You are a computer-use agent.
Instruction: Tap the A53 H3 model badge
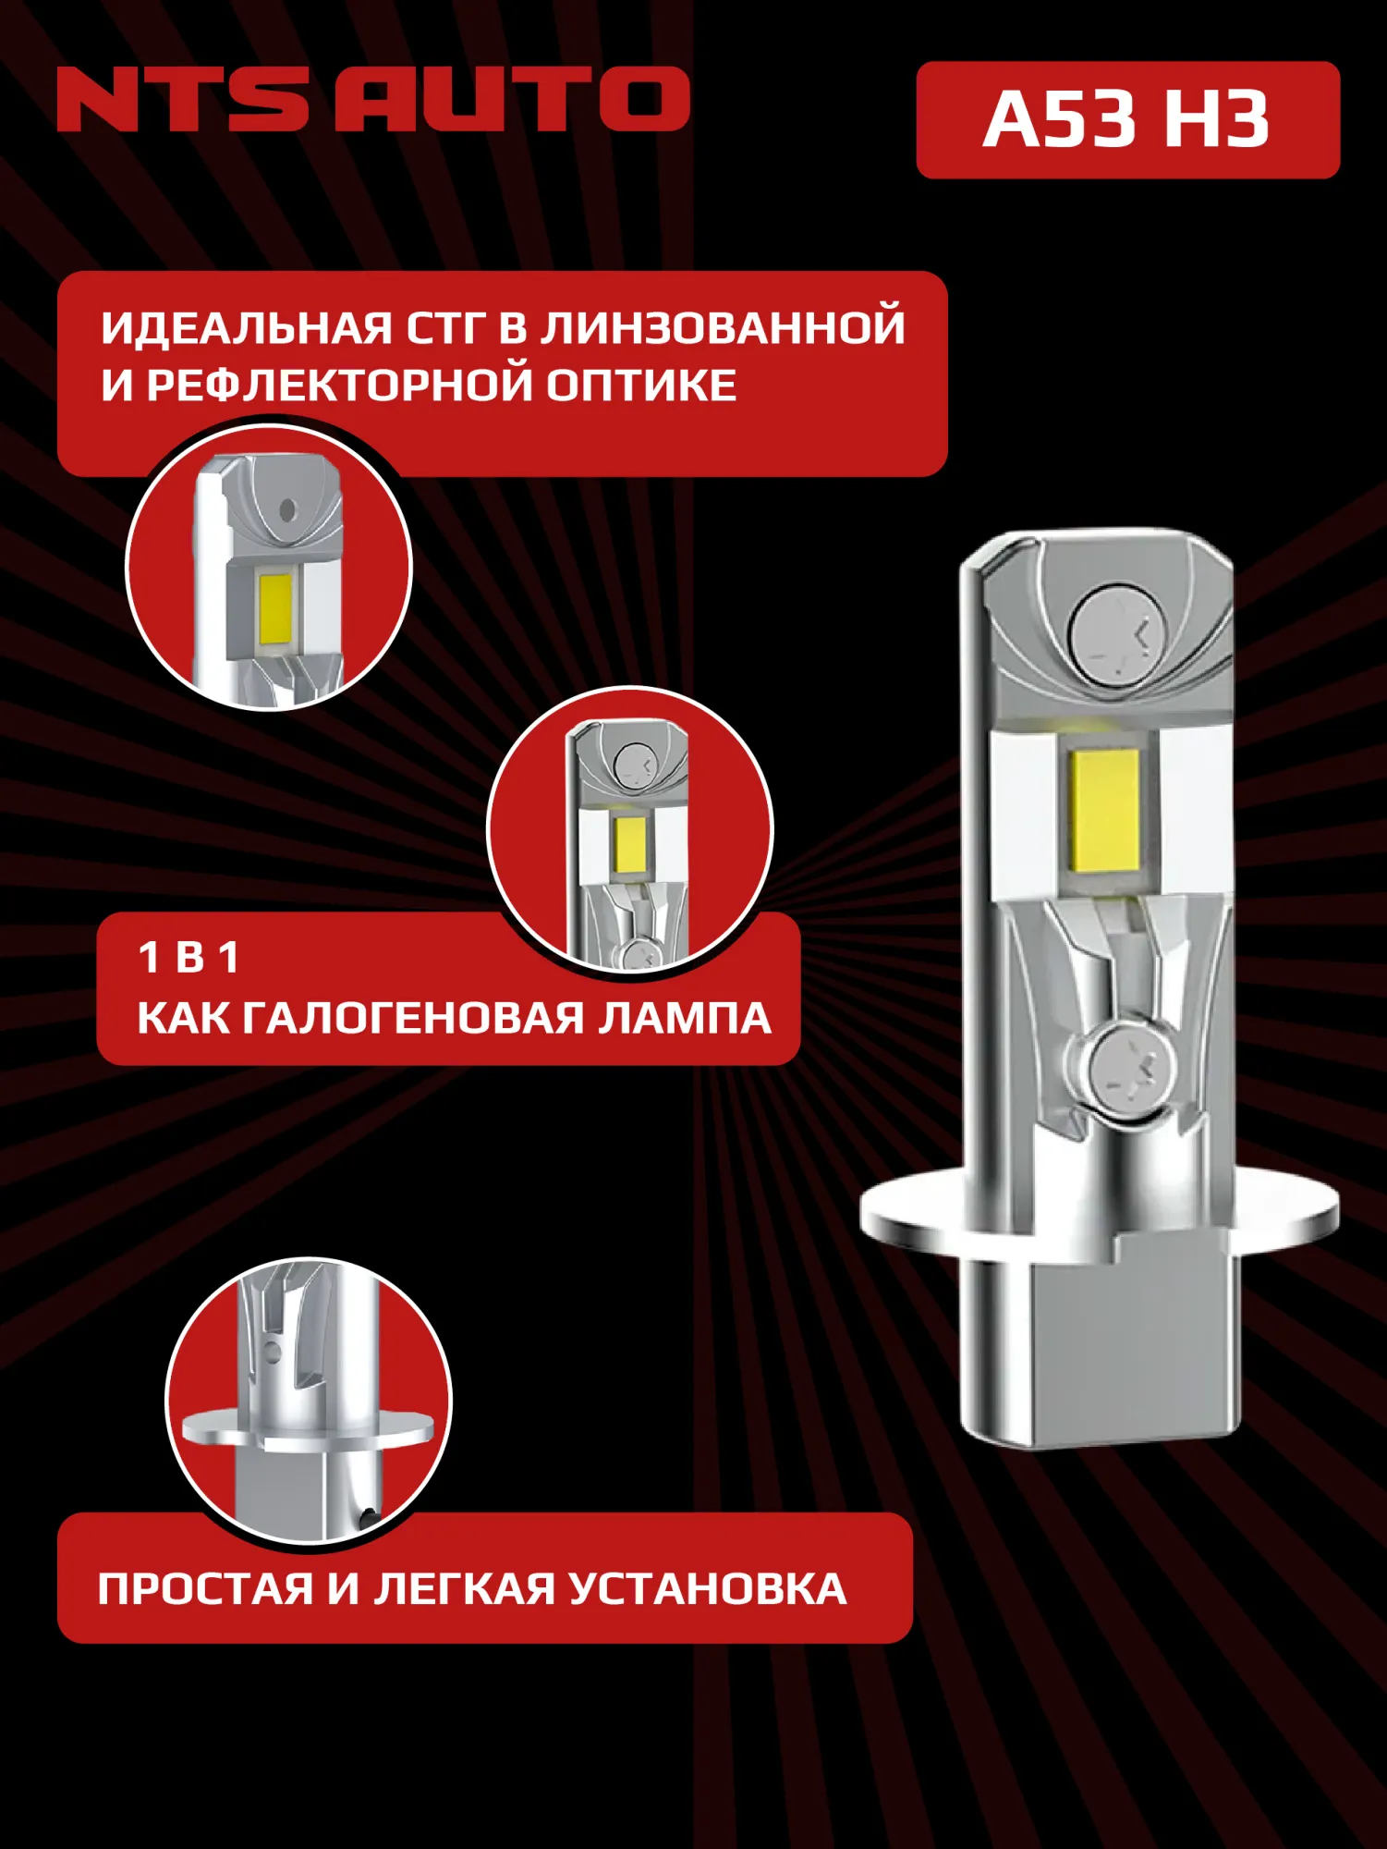pos(1126,120)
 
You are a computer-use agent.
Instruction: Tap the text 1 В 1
pos(189,958)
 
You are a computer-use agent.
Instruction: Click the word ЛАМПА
pos(684,1019)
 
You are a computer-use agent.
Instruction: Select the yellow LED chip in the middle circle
pos(628,846)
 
